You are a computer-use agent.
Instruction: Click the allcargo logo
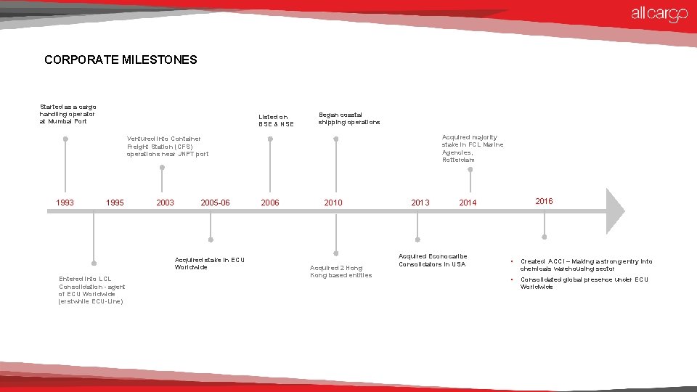[x=659, y=14]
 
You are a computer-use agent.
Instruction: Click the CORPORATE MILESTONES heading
[x=121, y=60]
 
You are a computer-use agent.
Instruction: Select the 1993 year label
[x=65, y=203]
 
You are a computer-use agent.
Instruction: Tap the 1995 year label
[x=115, y=203]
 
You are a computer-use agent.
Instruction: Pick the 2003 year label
[x=166, y=203]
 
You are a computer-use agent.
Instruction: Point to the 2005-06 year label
[x=215, y=203]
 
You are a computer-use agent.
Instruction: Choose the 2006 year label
[x=270, y=203]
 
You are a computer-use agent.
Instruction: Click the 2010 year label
[x=333, y=203]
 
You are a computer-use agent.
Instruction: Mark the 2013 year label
[x=420, y=203]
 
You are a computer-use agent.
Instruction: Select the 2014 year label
[x=468, y=203]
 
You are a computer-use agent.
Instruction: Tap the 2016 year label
[x=544, y=201]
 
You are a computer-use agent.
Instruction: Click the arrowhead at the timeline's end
[x=614, y=211]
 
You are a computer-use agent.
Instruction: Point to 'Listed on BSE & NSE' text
[x=276, y=121]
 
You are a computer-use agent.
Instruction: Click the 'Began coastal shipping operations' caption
[x=348, y=118]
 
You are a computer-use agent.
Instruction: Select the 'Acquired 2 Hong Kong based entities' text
[x=341, y=271]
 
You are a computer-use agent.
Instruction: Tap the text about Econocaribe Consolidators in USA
[x=433, y=260]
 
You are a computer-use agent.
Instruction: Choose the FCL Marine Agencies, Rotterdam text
[x=472, y=148]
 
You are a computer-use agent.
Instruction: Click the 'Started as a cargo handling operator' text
[x=68, y=114]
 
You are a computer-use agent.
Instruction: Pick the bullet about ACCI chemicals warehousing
[x=586, y=265]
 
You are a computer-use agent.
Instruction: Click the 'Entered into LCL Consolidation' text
[x=91, y=290]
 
